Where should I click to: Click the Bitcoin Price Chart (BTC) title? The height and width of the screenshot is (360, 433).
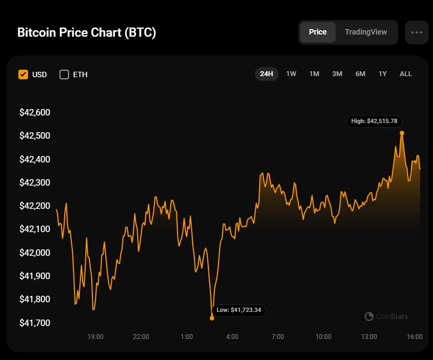tap(86, 32)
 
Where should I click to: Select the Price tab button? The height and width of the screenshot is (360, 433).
tap(317, 32)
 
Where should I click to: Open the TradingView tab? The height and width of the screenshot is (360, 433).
tap(366, 32)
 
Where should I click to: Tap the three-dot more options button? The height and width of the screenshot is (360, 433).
tap(416, 32)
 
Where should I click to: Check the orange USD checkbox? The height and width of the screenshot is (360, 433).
tap(23, 74)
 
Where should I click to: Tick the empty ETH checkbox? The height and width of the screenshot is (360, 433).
tap(64, 74)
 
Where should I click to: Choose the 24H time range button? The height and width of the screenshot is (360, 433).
tap(266, 74)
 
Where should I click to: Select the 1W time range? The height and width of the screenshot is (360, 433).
tap(291, 74)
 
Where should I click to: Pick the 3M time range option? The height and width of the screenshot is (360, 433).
tap(337, 74)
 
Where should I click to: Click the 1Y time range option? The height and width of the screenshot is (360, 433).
tap(382, 74)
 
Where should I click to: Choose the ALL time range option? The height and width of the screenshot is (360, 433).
tap(405, 74)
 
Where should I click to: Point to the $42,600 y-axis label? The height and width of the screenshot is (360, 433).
tap(35, 113)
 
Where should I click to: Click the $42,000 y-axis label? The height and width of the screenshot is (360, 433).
tap(35, 253)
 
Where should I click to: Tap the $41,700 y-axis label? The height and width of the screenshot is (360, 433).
tap(35, 323)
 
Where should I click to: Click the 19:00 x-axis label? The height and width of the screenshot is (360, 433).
tap(96, 337)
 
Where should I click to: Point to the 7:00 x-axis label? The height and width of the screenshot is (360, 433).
tap(278, 337)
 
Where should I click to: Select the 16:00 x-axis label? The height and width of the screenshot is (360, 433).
tap(415, 337)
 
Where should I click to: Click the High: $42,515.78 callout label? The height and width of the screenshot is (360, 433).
tap(375, 121)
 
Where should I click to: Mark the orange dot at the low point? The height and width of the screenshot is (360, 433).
tap(212, 318)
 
